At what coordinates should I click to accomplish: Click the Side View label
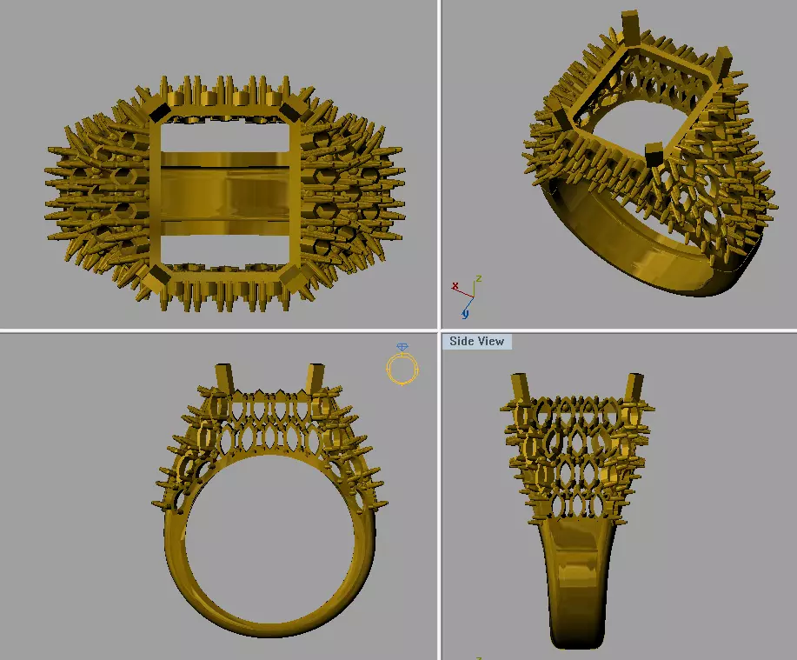pyautogui.click(x=476, y=342)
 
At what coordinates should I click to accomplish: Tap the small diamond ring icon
pyautogui.click(x=402, y=365)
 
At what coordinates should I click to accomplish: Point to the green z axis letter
pyautogui.click(x=478, y=280)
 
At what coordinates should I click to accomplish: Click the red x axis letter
pyautogui.click(x=455, y=286)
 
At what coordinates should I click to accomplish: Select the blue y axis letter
pyautogui.click(x=467, y=312)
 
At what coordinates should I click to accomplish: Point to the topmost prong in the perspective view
pyautogui.click(x=632, y=26)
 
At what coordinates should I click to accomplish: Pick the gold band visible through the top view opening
pyautogui.click(x=226, y=187)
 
